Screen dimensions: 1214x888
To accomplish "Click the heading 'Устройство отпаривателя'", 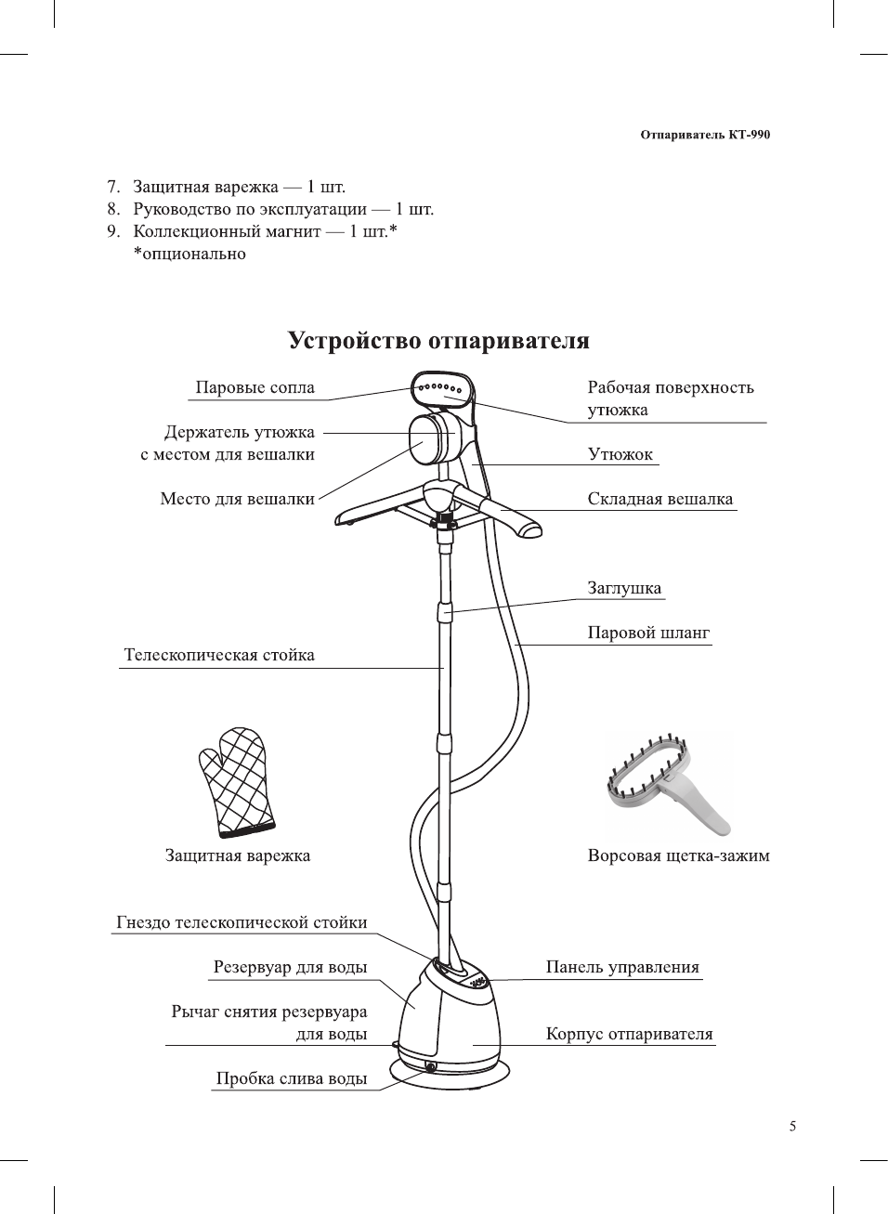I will pos(438,341).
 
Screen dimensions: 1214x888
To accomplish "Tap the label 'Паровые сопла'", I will pos(255,388).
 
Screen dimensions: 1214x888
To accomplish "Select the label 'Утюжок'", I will pos(620,454).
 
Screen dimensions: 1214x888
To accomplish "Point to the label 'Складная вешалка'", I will pos(659,499).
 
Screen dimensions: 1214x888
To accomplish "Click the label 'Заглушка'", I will pos(624,588).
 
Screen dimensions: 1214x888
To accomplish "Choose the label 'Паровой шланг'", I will pos(648,633).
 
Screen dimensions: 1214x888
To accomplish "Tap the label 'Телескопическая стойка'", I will pos(219,655).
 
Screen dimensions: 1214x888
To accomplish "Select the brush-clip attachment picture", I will pos(667,785).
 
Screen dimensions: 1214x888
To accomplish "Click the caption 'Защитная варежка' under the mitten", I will pos(238,855).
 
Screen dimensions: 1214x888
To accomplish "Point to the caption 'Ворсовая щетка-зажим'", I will pos(678,855).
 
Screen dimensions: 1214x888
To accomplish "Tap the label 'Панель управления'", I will pos(622,967).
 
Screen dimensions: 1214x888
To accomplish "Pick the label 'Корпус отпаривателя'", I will pos(629,1034).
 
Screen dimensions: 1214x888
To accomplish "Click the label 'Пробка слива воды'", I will pos(292,1078).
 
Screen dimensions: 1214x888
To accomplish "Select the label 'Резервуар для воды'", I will pos(290,967).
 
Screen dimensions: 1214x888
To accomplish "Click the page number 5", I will pos(792,1127).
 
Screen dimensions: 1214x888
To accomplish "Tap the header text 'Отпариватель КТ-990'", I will pos(705,135).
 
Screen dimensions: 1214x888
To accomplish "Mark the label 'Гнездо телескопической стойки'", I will pos(242,922).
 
